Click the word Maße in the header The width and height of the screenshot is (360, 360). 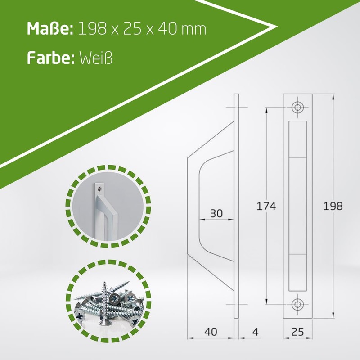pos(50,29)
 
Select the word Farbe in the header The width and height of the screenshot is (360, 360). pos(50,58)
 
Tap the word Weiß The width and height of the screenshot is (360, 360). pos(96,58)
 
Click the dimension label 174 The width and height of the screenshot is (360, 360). pos(266,206)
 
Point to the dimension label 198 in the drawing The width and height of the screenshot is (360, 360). pos(333,206)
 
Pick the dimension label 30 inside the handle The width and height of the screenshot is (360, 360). pos(216,213)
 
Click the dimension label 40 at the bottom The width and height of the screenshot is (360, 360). pos(211,332)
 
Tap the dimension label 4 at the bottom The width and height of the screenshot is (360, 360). pos(255,332)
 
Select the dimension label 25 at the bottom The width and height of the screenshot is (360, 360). pos(297,332)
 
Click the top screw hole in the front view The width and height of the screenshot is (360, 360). pos(297,107)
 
